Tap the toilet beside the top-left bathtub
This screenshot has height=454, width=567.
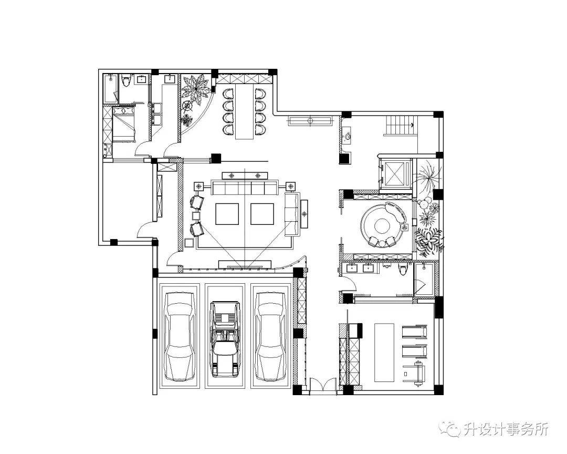pos(125,81)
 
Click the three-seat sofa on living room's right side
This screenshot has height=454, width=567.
pos(291,214)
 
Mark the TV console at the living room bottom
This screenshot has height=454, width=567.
pos(245,264)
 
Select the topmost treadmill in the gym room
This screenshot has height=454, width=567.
pos(415,332)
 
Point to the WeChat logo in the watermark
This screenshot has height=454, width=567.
pos(452,429)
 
